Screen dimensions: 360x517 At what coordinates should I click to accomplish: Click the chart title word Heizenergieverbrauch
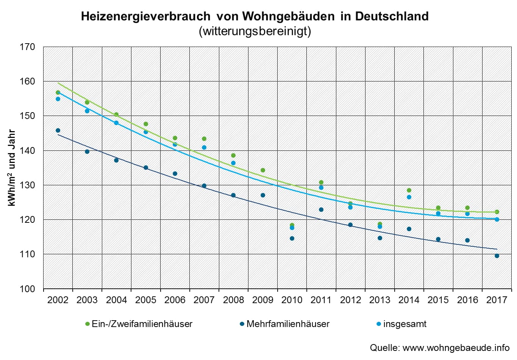tap(145, 16)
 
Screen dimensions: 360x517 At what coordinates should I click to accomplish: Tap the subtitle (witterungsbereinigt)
tap(255, 31)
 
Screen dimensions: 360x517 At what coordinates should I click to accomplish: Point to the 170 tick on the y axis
tap(27, 47)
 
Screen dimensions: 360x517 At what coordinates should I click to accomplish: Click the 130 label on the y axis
tap(27, 185)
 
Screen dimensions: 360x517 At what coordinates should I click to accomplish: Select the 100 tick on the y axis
tap(27, 289)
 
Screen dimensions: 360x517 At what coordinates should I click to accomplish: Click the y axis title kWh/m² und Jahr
tap(12, 168)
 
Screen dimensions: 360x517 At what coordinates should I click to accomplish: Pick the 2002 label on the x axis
tap(58, 300)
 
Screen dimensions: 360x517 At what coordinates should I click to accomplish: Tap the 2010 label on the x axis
tap(292, 300)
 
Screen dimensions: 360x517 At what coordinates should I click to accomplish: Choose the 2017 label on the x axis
tap(497, 300)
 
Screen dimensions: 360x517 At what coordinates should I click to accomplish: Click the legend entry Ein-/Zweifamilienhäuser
tap(142, 324)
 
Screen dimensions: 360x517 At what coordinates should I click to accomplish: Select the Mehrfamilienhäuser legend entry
tap(287, 324)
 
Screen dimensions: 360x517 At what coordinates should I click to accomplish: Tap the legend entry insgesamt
tap(405, 324)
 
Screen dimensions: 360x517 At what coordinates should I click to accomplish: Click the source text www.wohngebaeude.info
tap(456, 348)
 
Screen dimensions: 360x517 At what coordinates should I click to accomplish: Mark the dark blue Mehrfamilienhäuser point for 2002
tap(58, 130)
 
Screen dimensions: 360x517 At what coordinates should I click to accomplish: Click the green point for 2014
tap(409, 190)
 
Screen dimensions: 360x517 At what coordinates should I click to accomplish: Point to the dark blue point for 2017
tap(497, 256)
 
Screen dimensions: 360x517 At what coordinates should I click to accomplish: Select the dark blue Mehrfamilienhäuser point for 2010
tap(292, 238)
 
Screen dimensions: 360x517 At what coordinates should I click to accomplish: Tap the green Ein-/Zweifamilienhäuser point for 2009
tap(263, 170)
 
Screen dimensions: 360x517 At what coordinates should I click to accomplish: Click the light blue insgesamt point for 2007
tap(204, 147)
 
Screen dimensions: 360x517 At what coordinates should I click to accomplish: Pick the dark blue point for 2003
tap(87, 152)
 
